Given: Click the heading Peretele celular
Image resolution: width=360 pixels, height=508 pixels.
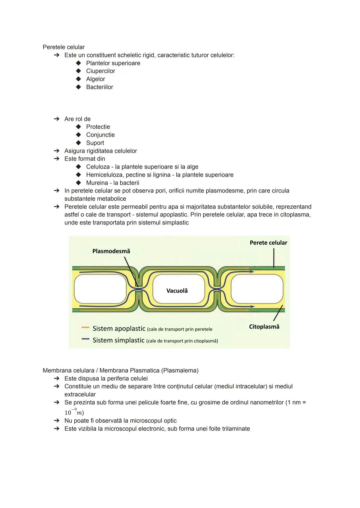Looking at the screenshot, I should tap(64, 47).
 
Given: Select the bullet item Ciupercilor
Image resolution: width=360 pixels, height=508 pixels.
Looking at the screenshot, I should tap(100, 71).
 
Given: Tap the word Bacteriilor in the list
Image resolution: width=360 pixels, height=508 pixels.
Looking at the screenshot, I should tap(99, 87).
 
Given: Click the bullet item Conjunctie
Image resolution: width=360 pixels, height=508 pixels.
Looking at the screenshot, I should tap(100, 135).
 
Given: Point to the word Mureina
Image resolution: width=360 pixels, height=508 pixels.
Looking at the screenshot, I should tap(97, 183).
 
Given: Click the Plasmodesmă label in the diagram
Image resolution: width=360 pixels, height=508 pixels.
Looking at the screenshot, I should tap(111, 251).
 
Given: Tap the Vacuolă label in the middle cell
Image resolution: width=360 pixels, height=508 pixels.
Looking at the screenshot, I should tap(177, 291).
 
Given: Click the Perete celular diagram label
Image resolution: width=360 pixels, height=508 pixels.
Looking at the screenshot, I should tap(268, 243).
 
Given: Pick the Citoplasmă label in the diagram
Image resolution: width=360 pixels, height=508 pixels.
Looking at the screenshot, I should tap(264, 327).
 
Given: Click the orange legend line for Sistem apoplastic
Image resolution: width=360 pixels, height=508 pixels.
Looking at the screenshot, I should tap(85, 328).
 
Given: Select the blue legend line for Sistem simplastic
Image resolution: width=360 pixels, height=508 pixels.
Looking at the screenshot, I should tap(85, 339).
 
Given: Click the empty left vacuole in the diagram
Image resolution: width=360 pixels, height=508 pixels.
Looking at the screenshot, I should tap(100, 289).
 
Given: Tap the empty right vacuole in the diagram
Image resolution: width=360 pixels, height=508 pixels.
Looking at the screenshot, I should tap(257, 289).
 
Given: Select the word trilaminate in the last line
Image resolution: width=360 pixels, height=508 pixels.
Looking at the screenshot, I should tap(234, 429).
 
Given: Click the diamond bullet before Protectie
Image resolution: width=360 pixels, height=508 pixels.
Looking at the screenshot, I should tap(78, 127).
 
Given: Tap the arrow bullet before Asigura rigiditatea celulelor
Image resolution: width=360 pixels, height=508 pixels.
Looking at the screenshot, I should tap(57, 151).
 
